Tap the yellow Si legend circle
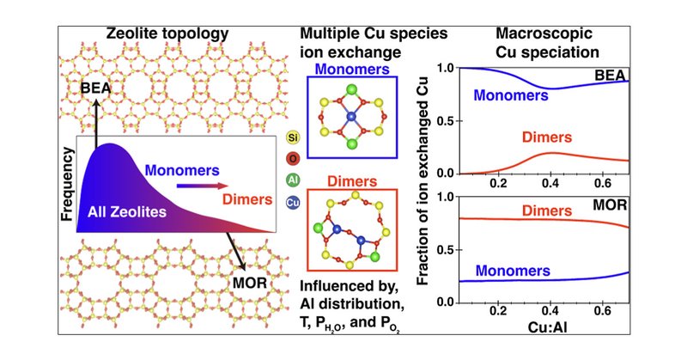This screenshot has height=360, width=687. pyautogui.click(x=292, y=136)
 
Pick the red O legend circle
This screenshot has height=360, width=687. pyautogui.click(x=292, y=158)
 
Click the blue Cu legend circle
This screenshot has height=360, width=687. pyautogui.click(x=292, y=203)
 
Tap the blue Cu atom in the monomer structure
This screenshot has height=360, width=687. pyautogui.click(x=351, y=116)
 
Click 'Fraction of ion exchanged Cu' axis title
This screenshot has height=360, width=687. pyautogui.click(x=423, y=186)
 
